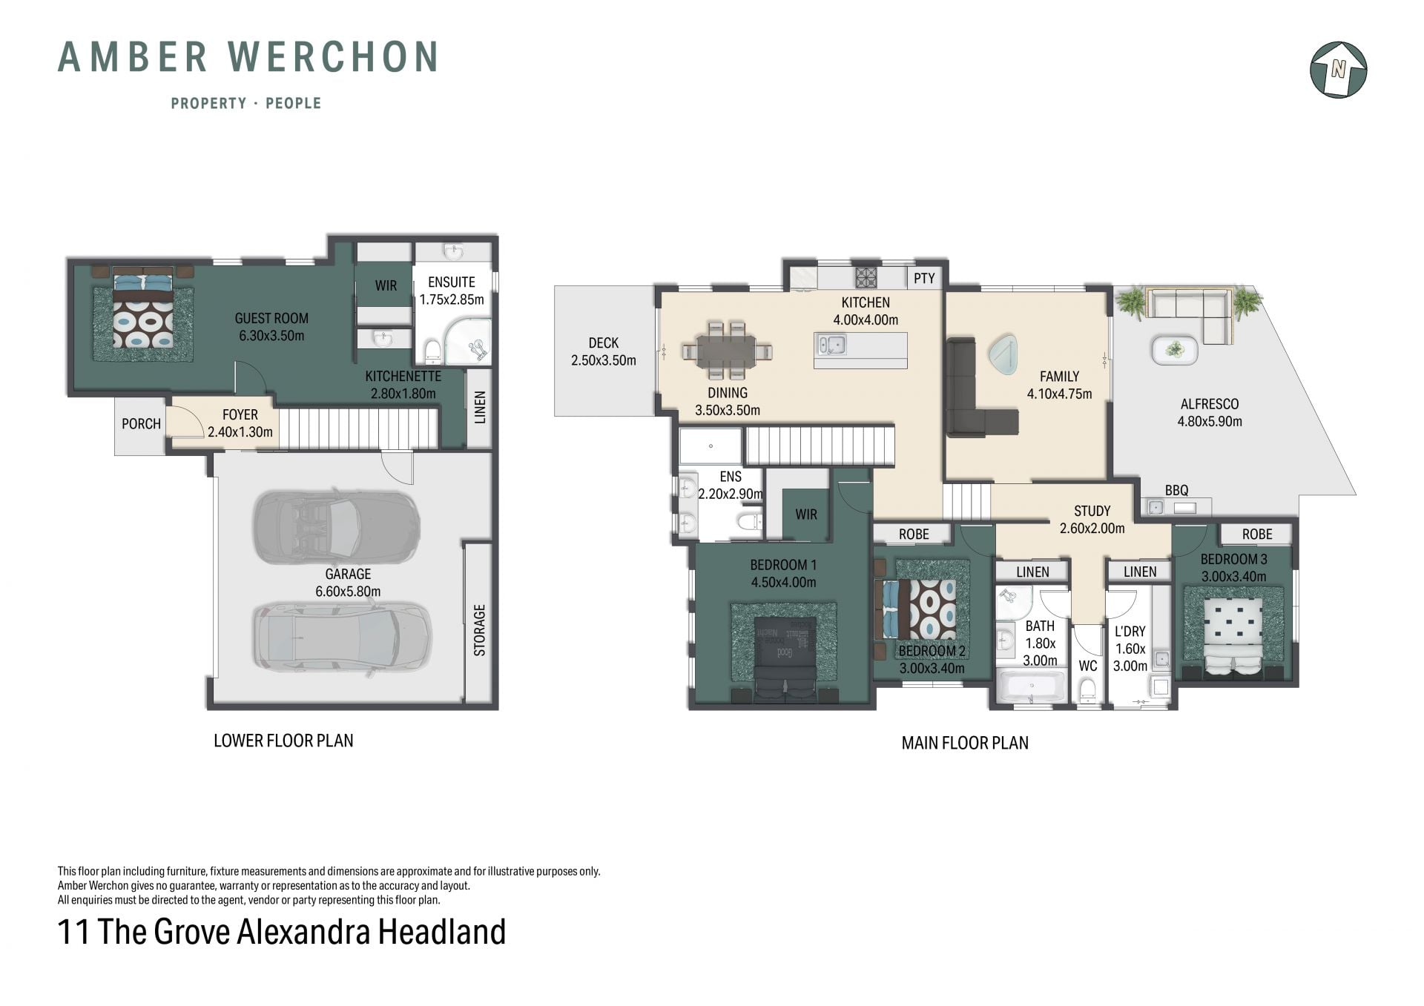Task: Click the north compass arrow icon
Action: coord(1339,70)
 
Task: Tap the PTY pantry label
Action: coord(924,278)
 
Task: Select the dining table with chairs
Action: coord(728,351)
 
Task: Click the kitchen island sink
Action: coord(831,344)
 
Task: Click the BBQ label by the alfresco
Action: coord(1176,490)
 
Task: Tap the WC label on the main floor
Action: coord(1087,666)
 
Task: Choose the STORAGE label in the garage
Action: coord(479,630)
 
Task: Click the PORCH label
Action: coord(141,423)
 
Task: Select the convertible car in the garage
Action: coord(337,528)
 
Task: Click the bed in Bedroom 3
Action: coord(1233,637)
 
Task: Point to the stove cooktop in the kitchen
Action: coord(866,277)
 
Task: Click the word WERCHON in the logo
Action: coord(333,57)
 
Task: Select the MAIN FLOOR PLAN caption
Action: coord(965,743)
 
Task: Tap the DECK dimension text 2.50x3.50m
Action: coord(604,360)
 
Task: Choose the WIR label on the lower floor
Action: coord(386,285)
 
